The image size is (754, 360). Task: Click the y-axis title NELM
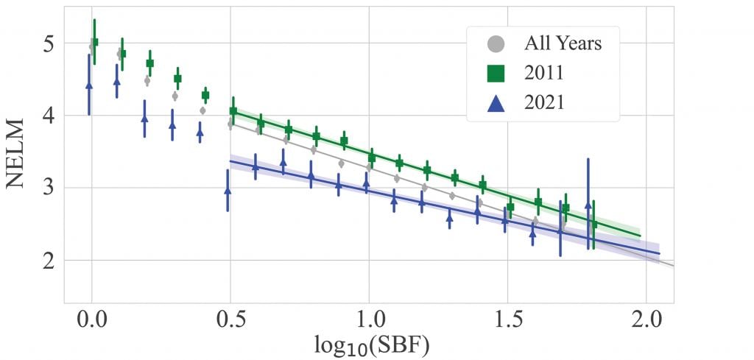(18, 152)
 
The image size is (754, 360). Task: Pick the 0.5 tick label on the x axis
(230, 322)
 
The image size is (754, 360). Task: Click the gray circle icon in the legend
(496, 43)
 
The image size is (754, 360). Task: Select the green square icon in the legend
(496, 73)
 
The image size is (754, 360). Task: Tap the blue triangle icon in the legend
(496, 102)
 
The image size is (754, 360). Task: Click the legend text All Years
(563, 43)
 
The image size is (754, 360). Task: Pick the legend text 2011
(543, 73)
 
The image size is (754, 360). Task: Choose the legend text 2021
(543, 102)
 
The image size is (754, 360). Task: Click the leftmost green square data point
(94, 42)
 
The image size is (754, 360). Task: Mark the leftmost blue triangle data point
(89, 85)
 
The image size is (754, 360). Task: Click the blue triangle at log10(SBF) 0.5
(228, 191)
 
